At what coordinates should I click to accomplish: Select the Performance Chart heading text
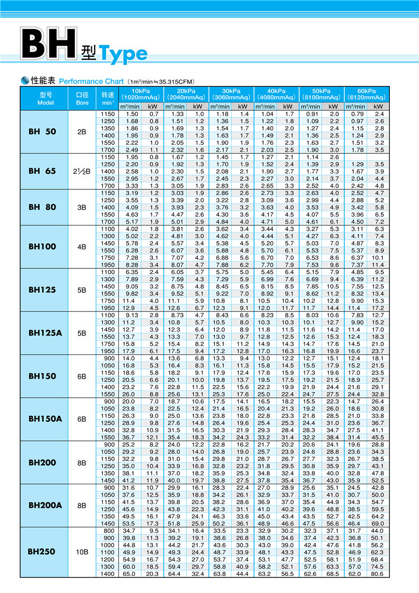[x=91, y=82]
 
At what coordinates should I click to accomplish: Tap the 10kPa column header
[x=140, y=94]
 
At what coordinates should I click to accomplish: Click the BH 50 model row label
[x=42, y=132]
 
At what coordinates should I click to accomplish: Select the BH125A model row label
[x=45, y=333]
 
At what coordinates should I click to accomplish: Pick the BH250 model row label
[x=42, y=552]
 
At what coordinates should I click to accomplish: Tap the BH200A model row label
[x=45, y=505]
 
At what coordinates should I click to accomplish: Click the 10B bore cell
[x=82, y=552]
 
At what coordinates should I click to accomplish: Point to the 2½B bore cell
[x=82, y=171]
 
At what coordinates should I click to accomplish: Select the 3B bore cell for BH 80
[x=82, y=207]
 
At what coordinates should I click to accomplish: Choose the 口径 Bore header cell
[x=82, y=99]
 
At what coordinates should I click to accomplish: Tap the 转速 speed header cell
[x=108, y=99]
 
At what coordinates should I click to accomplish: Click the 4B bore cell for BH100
[x=82, y=247]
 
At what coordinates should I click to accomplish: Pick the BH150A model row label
[x=45, y=419]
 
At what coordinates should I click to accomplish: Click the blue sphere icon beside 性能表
[x=25, y=81]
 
